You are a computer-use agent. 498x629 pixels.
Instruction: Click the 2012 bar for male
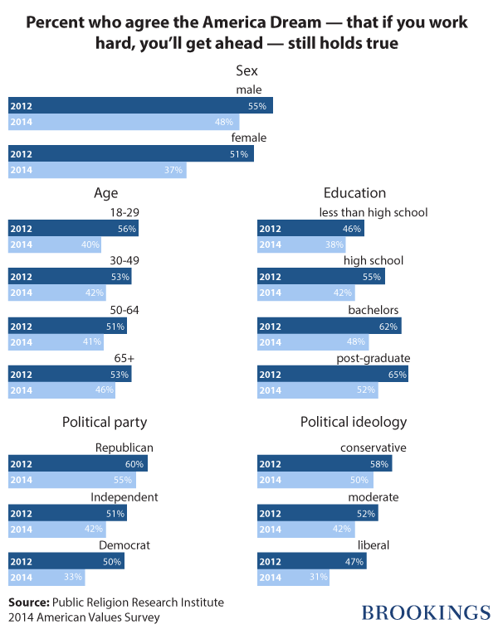140,106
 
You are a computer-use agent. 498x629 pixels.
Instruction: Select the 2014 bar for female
97,171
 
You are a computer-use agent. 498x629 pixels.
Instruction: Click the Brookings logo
426,612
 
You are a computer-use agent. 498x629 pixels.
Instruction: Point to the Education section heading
354,193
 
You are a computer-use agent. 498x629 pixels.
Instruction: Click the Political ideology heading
354,422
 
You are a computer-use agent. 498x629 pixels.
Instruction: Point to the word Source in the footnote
28,602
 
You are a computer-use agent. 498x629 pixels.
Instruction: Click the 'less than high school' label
373,213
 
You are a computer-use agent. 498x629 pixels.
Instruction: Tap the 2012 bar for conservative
325,464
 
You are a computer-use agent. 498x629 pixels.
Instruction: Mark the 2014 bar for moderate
306,529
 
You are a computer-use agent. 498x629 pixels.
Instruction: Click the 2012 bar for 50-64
67,326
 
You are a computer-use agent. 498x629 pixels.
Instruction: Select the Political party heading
105,422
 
